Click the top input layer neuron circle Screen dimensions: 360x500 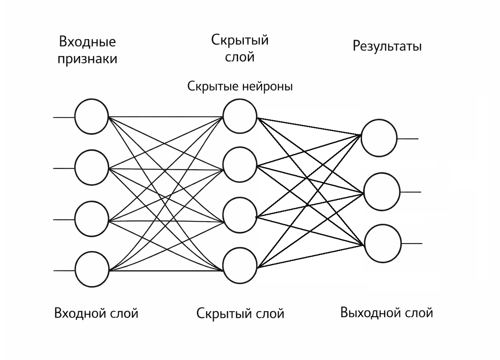point(92,117)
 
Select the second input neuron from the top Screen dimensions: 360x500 point(92,168)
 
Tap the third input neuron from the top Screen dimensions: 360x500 point(92,219)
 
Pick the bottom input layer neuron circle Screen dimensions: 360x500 point(92,270)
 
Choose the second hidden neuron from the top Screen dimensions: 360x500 point(240,166)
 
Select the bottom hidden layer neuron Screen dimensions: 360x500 point(240,266)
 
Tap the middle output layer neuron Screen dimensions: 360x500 point(381,192)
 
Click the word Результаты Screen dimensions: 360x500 point(387,47)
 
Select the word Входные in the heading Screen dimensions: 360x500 point(87,42)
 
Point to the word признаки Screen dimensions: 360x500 point(87,60)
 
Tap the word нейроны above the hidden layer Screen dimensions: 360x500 point(268,86)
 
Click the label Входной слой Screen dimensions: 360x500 point(96,313)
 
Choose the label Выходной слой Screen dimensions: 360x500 point(386,312)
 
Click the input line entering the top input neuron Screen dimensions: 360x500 point(64,117)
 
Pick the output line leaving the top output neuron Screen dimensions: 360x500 point(407,138)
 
